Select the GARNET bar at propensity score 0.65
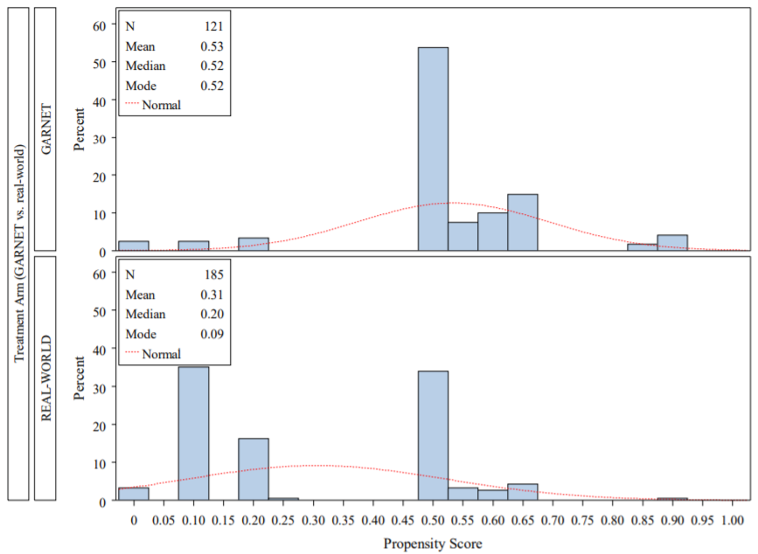point(522,222)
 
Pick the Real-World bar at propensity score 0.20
point(253,469)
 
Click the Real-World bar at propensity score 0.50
point(433,435)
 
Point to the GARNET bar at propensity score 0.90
point(672,243)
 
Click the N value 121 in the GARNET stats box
point(214,26)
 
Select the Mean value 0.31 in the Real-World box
point(212,294)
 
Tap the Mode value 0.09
point(212,334)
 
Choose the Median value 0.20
point(212,314)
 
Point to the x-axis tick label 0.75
point(583,520)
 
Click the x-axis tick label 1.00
point(732,520)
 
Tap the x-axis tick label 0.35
point(343,520)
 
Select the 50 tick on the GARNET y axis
point(99,64)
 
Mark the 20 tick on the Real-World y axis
point(99,426)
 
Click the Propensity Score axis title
point(432,544)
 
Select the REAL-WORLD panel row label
point(46,378)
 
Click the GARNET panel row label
point(46,129)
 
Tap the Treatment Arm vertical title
point(19,253)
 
